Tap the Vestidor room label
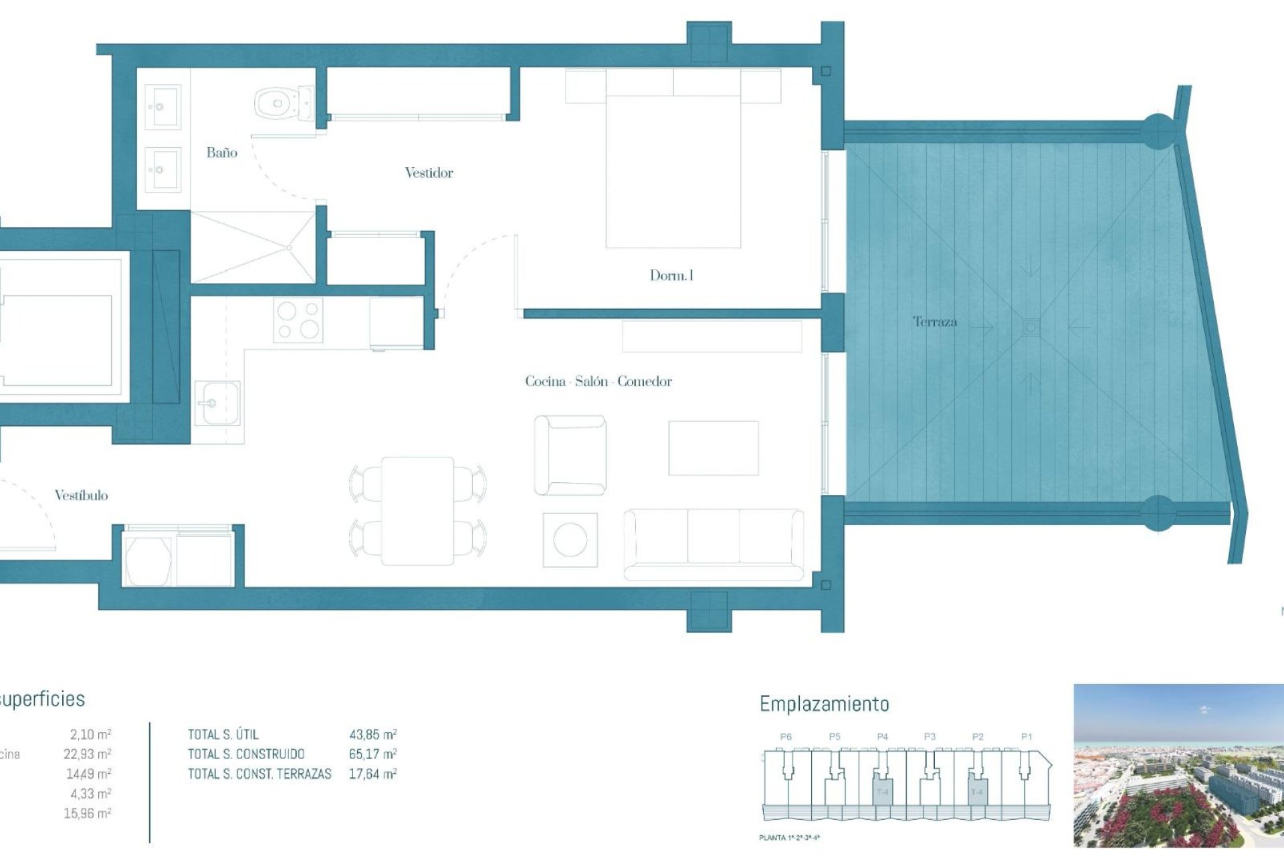point(429,173)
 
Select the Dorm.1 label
point(671,276)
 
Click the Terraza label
point(934,322)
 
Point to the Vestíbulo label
point(81,496)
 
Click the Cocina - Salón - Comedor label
point(598,382)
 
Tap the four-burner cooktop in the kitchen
point(298,320)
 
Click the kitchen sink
point(217,403)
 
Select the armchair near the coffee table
point(570,455)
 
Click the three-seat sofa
point(714,543)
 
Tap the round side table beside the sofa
point(570,540)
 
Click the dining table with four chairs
point(418,511)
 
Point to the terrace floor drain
point(1031,327)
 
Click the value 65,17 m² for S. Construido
point(372,754)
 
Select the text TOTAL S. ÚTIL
point(223,734)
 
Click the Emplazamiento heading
point(824,704)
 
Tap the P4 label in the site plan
point(882,737)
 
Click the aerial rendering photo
point(1178,765)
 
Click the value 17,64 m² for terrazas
point(372,774)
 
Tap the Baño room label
point(221,153)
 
